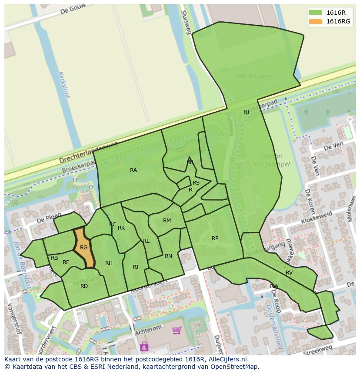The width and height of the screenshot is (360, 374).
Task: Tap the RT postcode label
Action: pyautogui.click(x=247, y=112)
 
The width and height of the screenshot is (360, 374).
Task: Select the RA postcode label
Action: pyautogui.click(x=133, y=170)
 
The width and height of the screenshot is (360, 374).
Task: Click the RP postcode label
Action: pyautogui.click(x=215, y=238)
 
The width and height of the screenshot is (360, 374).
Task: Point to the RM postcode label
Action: pyautogui.click(x=167, y=221)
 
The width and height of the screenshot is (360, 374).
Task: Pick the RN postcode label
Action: pyautogui.click(x=168, y=256)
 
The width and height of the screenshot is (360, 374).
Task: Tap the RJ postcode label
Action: pyautogui.click(x=136, y=267)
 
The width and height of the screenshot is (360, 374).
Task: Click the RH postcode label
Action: pyautogui.click(x=109, y=263)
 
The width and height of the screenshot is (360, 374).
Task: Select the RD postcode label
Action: pyautogui.click(x=84, y=286)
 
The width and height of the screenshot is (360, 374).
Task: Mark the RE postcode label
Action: pyautogui.click(x=66, y=262)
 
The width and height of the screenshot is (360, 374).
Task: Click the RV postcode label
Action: pyautogui.click(x=289, y=273)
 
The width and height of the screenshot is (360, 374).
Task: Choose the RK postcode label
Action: pyautogui.click(x=121, y=228)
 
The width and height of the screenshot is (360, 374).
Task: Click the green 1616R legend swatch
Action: pyautogui.click(x=316, y=13)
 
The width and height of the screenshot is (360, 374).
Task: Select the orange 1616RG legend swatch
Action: pyautogui.click(x=316, y=21)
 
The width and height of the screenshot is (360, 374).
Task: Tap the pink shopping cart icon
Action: pyautogui.click(x=177, y=331)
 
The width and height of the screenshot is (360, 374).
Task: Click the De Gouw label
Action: pyautogui.click(x=72, y=10)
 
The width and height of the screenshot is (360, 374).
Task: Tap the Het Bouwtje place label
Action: pyautogui.click(x=254, y=76)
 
